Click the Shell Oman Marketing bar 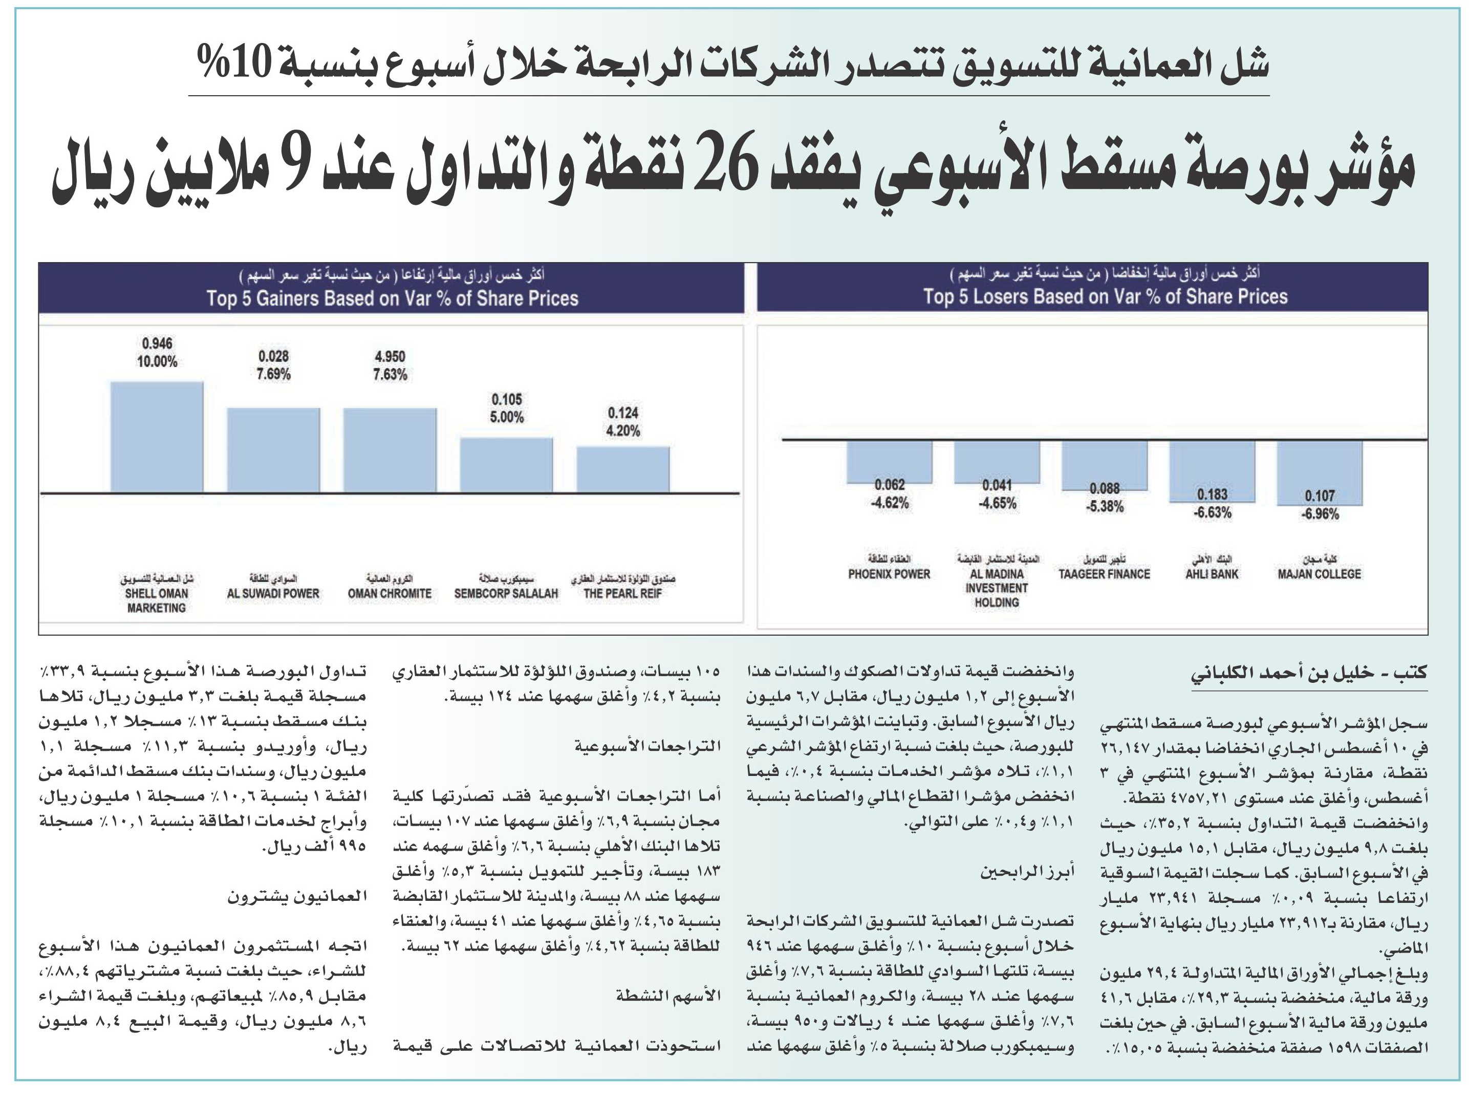click(x=157, y=437)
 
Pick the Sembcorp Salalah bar click(x=507, y=465)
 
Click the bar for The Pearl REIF click(x=623, y=469)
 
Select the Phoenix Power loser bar click(x=889, y=462)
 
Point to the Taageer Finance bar click(x=1105, y=465)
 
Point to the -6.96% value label click(x=1320, y=514)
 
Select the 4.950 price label click(x=390, y=357)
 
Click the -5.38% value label click(x=1105, y=507)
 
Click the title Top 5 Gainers click(x=393, y=298)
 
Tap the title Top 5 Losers click(x=1105, y=296)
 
